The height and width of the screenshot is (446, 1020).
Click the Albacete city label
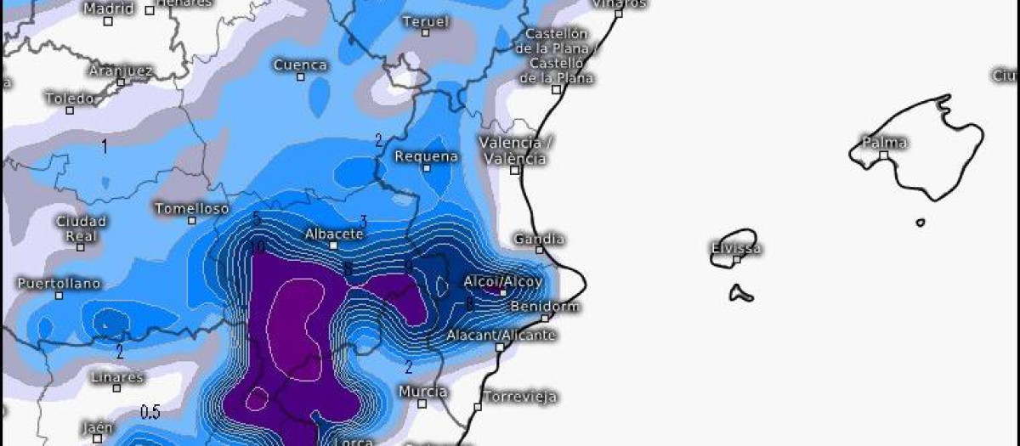tap(334, 234)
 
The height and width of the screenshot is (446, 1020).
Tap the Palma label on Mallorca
tap(884, 142)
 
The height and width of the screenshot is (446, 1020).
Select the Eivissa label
tap(735, 249)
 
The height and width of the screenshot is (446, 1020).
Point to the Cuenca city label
tap(300, 65)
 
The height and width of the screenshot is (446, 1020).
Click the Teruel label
tap(424, 21)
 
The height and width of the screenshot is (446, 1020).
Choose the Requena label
tap(426, 156)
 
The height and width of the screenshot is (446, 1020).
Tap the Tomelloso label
tap(191, 208)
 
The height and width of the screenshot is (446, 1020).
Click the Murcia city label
tap(422, 392)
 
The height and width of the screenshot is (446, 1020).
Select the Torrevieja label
tap(520, 396)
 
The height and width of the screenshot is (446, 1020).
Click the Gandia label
tap(539, 240)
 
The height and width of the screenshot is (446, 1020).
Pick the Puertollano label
tap(59, 283)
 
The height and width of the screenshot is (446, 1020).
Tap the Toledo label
tap(70, 98)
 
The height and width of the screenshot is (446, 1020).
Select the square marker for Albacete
tap(334, 245)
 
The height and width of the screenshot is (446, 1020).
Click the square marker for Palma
tap(883, 155)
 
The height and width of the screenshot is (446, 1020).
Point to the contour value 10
tap(258, 247)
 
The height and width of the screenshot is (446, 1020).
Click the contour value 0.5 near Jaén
tap(150, 413)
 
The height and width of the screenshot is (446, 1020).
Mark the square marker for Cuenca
tap(300, 76)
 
